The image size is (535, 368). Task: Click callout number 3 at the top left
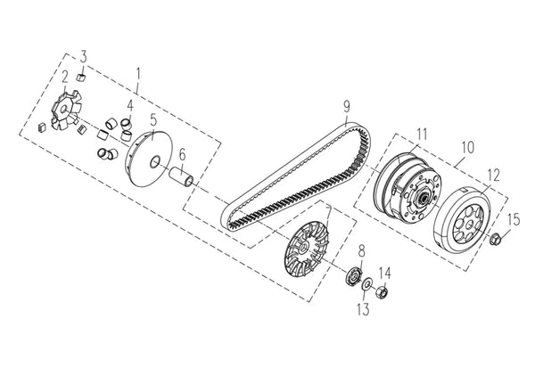84,56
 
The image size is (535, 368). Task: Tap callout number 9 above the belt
346,106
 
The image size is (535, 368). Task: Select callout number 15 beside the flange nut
514,219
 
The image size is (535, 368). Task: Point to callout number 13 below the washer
364,309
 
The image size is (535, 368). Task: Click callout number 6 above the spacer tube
183,154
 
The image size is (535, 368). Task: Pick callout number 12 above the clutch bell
493,175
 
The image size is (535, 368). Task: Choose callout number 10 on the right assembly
468,148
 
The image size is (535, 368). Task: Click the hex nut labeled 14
382,291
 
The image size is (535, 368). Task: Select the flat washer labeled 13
367,284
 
